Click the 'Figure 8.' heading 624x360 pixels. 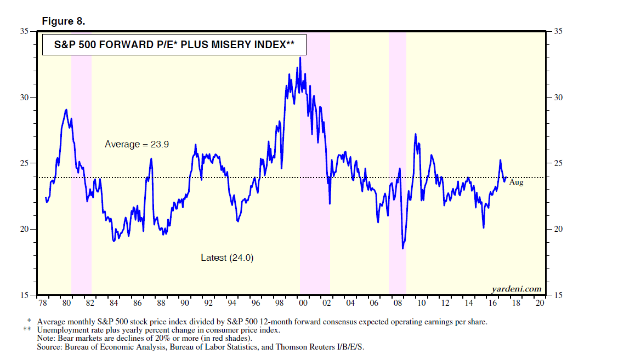[63, 21]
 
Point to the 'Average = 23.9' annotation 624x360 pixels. [137, 145]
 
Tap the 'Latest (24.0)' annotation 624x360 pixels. [227, 258]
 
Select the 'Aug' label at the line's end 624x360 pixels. [516, 182]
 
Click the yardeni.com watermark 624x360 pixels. [516, 289]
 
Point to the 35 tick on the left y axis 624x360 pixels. [24, 31]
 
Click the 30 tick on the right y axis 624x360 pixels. [558, 97]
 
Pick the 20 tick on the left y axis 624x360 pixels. [24, 229]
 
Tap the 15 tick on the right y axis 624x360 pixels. [558, 295]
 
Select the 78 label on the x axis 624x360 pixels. [42, 304]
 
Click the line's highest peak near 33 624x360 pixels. [300, 58]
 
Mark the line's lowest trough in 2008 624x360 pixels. [403, 248]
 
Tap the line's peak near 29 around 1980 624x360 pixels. [66, 110]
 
